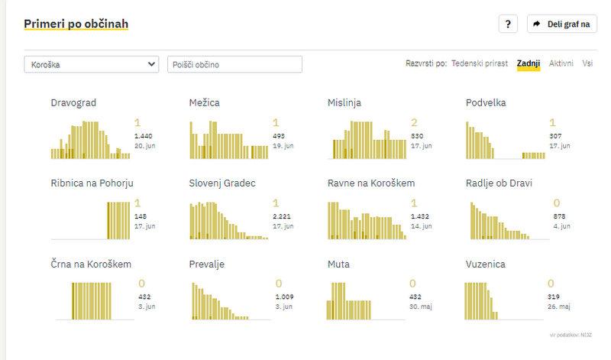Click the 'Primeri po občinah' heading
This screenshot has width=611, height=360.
[76, 24]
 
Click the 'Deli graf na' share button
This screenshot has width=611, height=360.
[562, 24]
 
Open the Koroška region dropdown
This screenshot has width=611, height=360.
[91, 65]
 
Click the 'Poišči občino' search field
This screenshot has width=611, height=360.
[234, 65]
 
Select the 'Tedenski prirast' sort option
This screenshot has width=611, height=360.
[480, 64]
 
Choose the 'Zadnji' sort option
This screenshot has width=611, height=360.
[529, 64]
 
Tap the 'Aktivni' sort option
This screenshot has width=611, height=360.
[561, 64]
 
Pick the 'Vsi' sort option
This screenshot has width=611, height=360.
[587, 64]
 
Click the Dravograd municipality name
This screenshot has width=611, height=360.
[73, 102]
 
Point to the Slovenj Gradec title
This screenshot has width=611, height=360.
[221, 183]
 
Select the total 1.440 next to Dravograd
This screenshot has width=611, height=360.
[144, 135]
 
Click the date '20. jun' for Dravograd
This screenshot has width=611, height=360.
[144, 144]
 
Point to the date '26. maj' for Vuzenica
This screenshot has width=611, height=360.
[560, 306]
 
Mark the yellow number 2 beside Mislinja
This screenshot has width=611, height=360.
[414, 122]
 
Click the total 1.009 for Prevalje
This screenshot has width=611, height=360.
[284, 297]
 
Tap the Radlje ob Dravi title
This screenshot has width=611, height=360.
[499, 183]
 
